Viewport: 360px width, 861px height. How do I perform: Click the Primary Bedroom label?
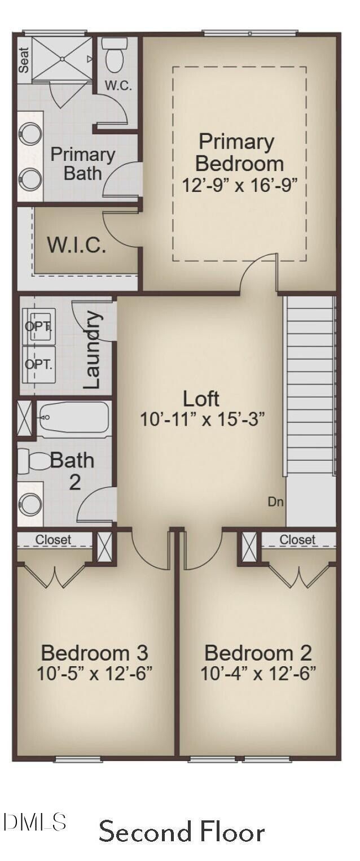point(239,152)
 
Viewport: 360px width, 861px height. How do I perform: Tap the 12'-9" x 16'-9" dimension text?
point(239,185)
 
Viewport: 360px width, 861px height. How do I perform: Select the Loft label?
point(201,399)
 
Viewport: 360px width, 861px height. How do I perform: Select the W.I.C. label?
point(76,246)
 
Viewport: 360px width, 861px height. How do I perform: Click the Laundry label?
point(93,350)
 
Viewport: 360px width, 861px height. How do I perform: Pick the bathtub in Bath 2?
point(73,418)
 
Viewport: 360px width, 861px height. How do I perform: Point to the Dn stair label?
point(275,501)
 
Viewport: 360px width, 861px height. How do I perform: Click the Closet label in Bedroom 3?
point(54,540)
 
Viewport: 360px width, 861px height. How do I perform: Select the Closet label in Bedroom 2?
point(297,540)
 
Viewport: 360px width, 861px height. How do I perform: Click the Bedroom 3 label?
point(94,653)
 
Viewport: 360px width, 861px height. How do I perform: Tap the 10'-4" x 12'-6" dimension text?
point(258,673)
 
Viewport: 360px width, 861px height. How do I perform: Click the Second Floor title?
point(182,832)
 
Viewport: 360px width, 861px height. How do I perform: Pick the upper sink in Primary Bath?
point(30,134)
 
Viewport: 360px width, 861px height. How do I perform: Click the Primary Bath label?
point(83,164)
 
